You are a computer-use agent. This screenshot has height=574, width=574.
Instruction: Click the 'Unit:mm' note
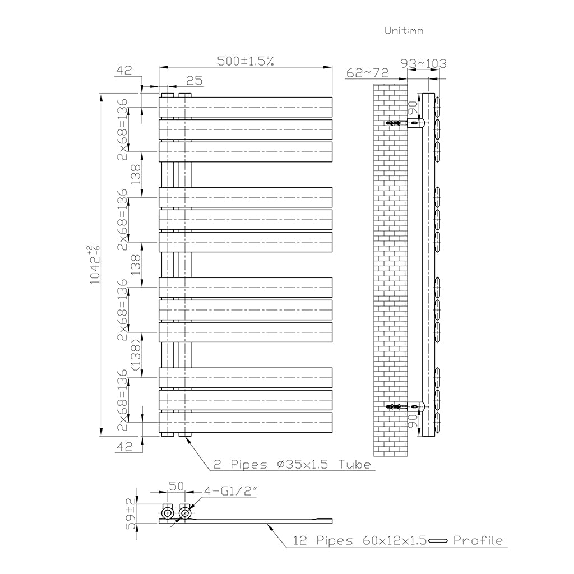404,30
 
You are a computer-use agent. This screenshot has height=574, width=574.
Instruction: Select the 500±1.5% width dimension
246,61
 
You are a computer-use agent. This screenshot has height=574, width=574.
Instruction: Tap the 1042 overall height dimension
95,265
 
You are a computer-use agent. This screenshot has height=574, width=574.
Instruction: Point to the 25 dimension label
194,80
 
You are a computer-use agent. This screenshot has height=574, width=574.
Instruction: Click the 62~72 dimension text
367,73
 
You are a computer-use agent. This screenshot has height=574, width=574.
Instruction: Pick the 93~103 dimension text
424,64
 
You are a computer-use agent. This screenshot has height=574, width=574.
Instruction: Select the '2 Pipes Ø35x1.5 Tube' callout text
292,465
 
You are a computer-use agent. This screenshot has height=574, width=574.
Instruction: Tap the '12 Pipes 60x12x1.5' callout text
360,540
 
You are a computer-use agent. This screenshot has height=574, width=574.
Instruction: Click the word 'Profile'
478,540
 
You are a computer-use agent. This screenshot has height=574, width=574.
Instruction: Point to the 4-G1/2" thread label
230,491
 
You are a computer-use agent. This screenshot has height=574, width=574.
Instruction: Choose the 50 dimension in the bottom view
175,486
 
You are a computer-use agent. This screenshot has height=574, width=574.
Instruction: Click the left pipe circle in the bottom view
168,513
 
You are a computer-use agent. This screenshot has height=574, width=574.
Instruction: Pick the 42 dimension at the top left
124,70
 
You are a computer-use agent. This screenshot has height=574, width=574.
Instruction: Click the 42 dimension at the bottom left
124,447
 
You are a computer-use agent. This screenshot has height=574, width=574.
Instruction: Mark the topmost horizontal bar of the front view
246,107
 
